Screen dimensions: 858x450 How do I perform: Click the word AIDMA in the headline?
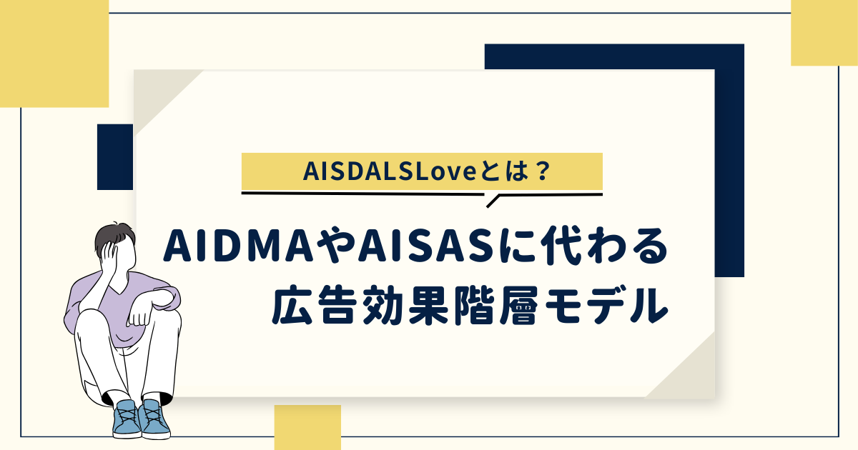pyautogui.click(x=238, y=248)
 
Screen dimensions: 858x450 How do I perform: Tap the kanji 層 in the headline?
pyautogui.click(x=518, y=305)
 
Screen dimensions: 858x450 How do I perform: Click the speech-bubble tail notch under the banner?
pyautogui.click(x=492, y=201)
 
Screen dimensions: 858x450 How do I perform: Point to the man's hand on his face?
pyautogui.click(x=109, y=255)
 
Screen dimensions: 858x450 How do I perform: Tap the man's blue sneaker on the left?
pyautogui.click(x=126, y=419)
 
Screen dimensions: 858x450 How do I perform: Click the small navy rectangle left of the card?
pyautogui.click(x=115, y=157)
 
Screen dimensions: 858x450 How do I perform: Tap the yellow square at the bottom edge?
pyautogui.click(x=307, y=427)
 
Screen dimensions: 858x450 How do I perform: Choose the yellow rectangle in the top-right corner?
pyautogui.click(x=824, y=33)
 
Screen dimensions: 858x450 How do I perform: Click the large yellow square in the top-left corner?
pyautogui.click(x=54, y=54)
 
